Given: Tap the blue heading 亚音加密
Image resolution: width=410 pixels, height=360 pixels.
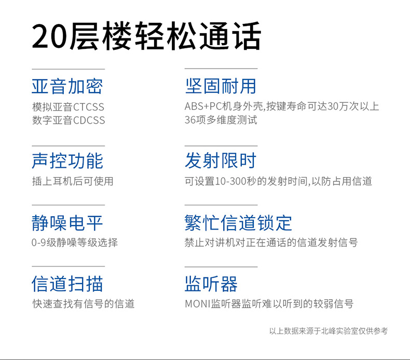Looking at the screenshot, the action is [67, 86].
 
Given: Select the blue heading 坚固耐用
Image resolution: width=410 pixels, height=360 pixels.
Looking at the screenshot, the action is [221, 86].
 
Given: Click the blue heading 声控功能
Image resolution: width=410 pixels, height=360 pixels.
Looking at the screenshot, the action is [67, 161].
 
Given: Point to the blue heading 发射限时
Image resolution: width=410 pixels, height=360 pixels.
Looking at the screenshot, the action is [221, 161].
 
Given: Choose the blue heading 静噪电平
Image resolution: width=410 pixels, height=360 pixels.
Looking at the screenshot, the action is [67, 223].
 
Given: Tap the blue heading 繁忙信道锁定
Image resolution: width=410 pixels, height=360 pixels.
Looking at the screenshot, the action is [238, 223].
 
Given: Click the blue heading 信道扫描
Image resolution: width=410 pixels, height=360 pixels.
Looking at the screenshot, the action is [67, 284].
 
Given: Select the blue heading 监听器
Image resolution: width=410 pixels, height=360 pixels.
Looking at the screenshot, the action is [211, 284].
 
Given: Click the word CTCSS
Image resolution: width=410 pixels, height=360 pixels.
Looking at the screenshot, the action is [88, 107].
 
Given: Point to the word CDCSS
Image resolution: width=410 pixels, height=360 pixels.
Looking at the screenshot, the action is [89, 120].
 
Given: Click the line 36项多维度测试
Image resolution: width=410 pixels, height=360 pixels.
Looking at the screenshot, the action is [221, 120].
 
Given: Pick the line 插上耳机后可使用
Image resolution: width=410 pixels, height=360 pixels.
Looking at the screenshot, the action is [73, 181].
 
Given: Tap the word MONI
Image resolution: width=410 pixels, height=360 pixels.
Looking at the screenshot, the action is [198, 304].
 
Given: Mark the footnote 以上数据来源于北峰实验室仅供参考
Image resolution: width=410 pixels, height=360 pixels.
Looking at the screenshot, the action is [329, 331].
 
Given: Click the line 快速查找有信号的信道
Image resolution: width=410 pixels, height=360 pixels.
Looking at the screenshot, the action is [83, 304].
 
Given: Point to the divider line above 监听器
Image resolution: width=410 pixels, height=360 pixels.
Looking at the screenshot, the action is [221, 267].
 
